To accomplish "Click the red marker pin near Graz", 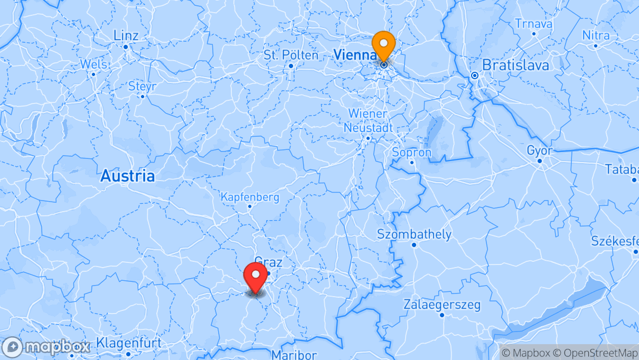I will click(x=256, y=276).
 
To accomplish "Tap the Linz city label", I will click(x=126, y=36).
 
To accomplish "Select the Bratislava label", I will click(x=515, y=65).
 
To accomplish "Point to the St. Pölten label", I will click(x=291, y=55).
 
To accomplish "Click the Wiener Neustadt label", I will click(x=368, y=121).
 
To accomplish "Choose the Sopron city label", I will click(x=412, y=153).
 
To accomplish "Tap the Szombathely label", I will click(x=414, y=234).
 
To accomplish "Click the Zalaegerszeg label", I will click(x=442, y=305).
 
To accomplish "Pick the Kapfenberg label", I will click(x=250, y=197).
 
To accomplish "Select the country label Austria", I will click(x=128, y=176).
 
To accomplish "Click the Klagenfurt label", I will click(x=129, y=343).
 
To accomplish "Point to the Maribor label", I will click(x=294, y=355).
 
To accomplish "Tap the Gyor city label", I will click(x=539, y=151).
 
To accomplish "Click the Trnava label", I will click(x=533, y=24).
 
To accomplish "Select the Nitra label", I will click(x=596, y=35).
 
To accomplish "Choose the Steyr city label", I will click(x=143, y=86).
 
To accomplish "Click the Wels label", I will click(x=93, y=64).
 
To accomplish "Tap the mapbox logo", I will click(x=46, y=347).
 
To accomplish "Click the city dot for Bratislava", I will click(x=475, y=75).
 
